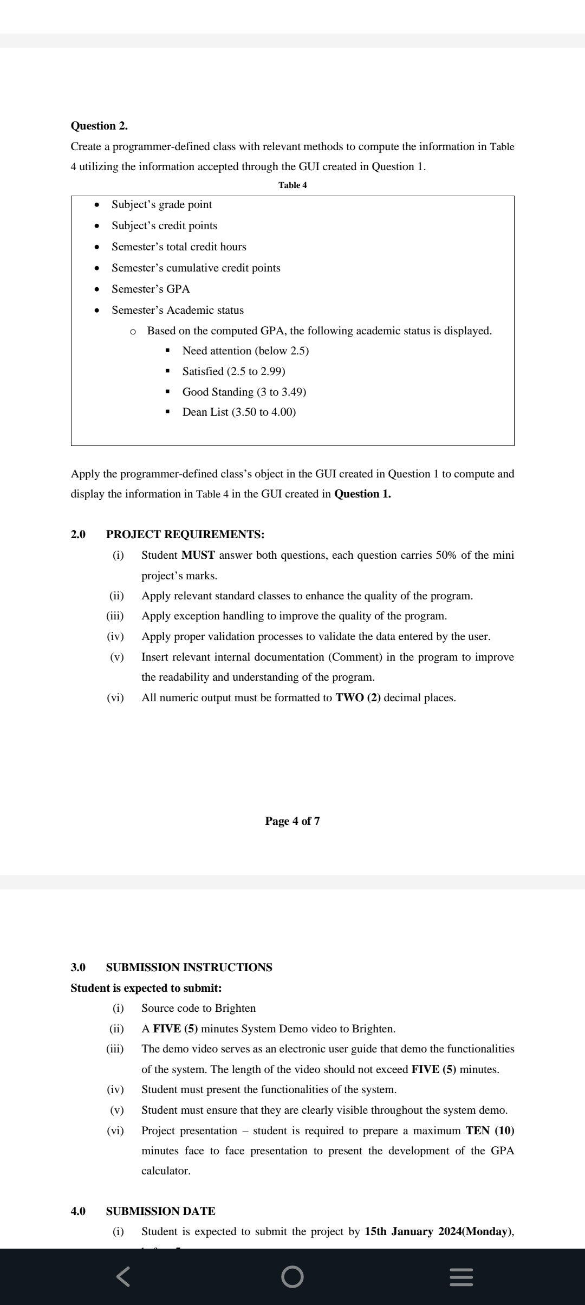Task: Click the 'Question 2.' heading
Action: [x=99, y=126]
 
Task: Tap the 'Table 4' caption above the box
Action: [x=292, y=185]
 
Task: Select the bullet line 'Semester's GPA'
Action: [x=151, y=289]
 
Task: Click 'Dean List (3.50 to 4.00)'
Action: [x=239, y=412]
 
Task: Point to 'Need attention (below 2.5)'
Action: [x=245, y=351]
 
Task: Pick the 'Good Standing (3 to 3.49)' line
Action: [x=244, y=392]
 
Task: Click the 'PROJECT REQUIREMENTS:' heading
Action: [x=185, y=534]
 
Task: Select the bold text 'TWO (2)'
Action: [x=358, y=697]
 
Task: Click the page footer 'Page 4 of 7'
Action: [x=292, y=821]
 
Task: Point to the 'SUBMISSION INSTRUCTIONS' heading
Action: [x=189, y=967]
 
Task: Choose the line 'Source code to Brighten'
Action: [x=198, y=1008]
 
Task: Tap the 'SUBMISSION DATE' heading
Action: [x=160, y=1211]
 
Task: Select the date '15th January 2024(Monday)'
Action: [x=439, y=1231]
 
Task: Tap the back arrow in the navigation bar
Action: [x=123, y=1276]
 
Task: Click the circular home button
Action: [x=292, y=1277]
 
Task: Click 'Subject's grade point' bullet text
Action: [x=161, y=205]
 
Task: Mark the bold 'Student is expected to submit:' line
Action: [x=146, y=988]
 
